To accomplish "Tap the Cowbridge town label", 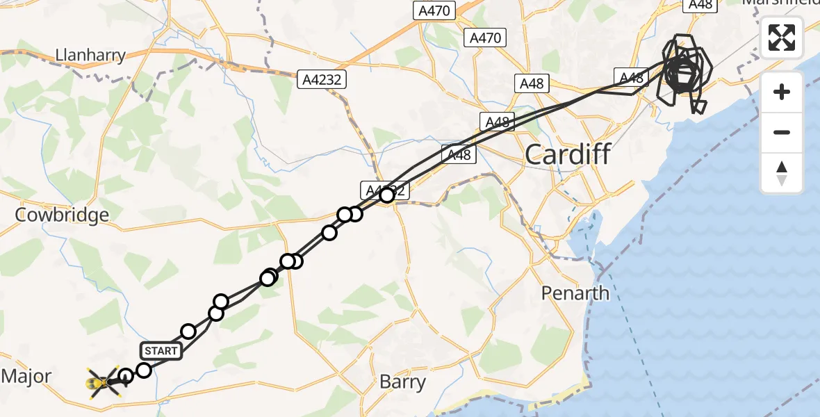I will [62, 215].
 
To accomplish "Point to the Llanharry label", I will [91, 55].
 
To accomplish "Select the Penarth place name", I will [575, 293].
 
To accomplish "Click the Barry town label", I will [403, 382].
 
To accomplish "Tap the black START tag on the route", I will [161, 350].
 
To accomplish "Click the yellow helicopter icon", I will [104, 382].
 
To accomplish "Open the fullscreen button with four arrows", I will [782, 38].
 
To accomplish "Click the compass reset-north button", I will [782, 173].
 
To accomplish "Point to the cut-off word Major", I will [26, 377].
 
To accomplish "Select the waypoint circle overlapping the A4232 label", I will [387, 195].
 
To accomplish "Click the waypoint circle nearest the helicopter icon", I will [126, 377].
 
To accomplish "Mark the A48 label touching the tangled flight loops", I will [631, 78].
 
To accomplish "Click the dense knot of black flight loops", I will [682, 71].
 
